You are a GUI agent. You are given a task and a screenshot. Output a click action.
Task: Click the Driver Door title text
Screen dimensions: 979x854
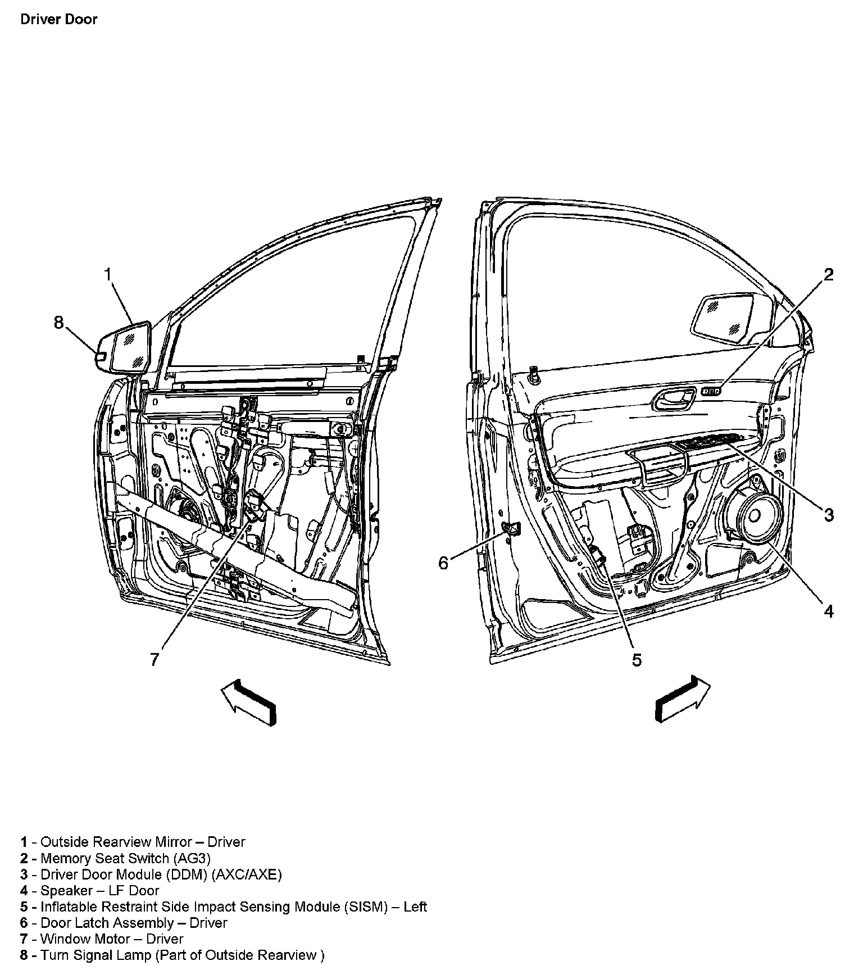point(58,19)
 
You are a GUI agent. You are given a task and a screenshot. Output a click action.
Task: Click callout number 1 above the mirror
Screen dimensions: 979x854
point(108,274)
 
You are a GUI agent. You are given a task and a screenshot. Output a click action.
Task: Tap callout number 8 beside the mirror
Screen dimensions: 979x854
point(59,323)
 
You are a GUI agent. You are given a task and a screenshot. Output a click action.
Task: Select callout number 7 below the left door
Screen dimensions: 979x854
point(155,659)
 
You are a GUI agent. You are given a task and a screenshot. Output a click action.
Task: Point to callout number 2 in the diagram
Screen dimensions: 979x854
point(829,275)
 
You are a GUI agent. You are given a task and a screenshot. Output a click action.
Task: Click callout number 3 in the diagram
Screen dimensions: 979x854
point(829,514)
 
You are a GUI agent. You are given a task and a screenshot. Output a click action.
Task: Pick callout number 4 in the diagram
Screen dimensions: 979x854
point(829,611)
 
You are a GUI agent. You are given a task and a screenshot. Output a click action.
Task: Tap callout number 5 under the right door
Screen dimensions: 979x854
point(636,660)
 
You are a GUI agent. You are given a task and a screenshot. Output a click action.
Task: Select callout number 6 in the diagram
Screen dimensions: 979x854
point(443,563)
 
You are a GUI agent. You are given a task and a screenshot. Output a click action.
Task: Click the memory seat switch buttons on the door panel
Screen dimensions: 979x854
point(711,391)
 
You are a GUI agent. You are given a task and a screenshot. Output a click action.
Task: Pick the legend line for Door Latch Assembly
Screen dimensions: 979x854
point(124,923)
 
